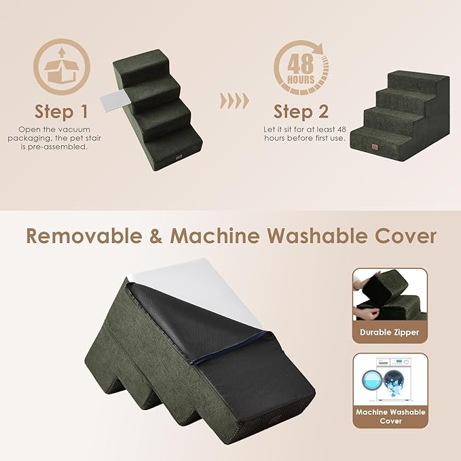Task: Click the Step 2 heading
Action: coord(301,111)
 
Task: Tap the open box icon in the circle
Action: coord(61,68)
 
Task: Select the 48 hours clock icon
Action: coord(303,68)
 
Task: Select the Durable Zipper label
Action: coord(390,333)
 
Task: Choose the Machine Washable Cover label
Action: coord(390,416)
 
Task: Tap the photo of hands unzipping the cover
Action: coord(389,295)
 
